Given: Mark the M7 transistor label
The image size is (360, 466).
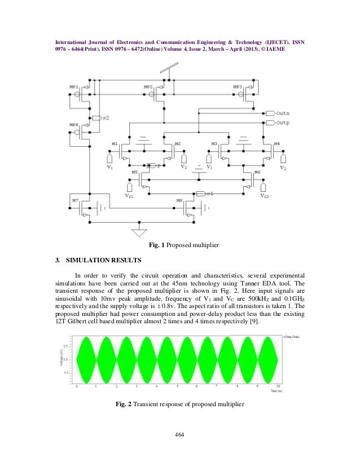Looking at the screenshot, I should pos(74,200).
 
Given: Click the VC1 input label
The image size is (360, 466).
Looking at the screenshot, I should pos(129,196).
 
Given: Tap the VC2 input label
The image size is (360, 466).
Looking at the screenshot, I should pos(265,196).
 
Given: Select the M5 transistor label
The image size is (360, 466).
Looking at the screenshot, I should pos(134,172).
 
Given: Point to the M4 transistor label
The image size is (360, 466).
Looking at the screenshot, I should pos(276,144).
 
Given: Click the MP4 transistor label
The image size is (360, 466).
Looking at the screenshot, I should pos(73,124).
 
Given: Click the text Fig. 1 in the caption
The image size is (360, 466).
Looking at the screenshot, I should pos(156,246).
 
